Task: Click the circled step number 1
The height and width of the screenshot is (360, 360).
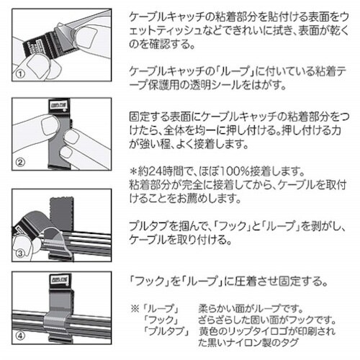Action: click(21, 73)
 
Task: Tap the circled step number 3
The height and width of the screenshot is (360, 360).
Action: click(22, 253)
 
